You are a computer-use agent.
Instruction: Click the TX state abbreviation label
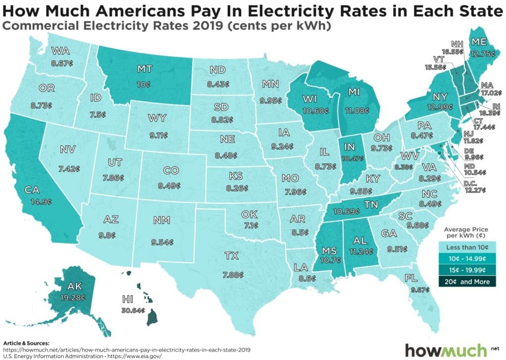click(231, 256)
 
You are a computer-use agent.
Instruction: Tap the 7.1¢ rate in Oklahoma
click(248, 225)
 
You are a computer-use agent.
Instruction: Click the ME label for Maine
click(478, 42)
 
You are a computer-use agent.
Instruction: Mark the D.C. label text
click(475, 183)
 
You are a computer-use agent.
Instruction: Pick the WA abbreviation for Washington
click(61, 51)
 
